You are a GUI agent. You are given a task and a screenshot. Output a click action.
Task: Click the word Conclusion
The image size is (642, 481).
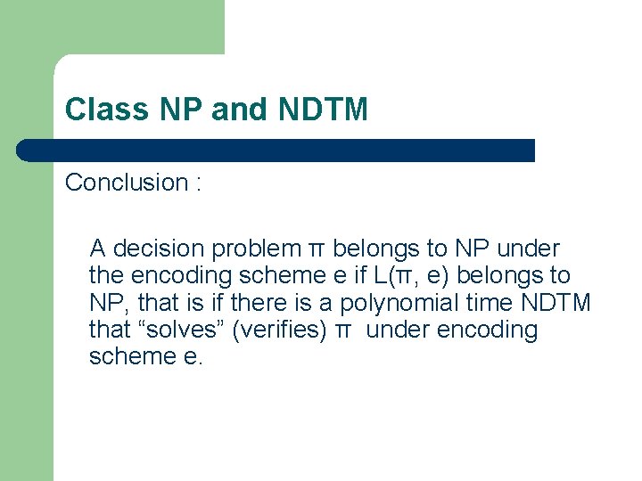click(126, 183)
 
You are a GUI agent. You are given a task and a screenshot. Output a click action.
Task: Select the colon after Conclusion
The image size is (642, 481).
click(199, 183)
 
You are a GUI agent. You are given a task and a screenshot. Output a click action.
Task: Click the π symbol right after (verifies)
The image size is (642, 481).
click(342, 330)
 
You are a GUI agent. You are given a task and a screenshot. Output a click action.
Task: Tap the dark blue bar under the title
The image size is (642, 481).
click(276, 150)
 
